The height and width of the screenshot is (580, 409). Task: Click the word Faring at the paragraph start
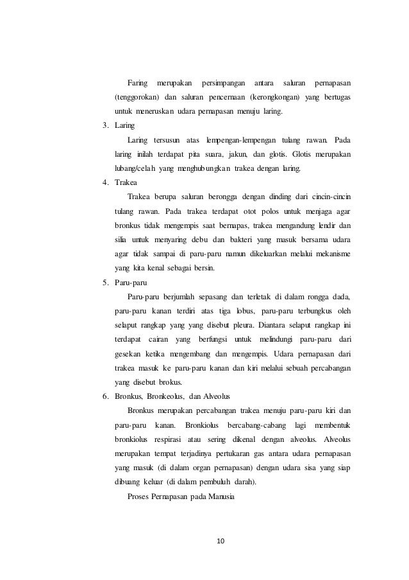(138, 83)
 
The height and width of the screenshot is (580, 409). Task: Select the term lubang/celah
(135, 168)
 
